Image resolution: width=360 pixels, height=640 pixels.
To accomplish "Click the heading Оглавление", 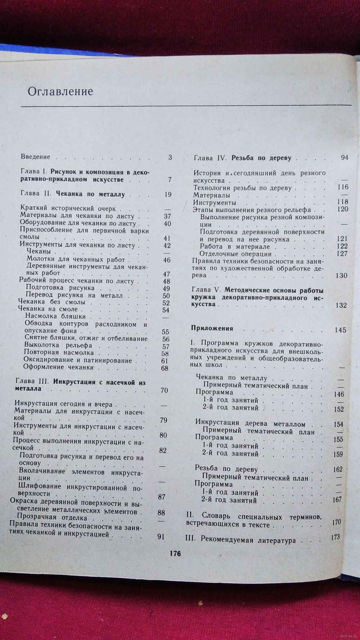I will (x=60, y=91).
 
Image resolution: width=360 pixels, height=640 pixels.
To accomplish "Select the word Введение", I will (x=35, y=157).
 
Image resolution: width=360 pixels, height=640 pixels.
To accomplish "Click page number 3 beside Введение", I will (x=170, y=157).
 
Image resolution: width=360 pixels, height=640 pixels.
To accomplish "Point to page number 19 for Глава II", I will (x=167, y=195).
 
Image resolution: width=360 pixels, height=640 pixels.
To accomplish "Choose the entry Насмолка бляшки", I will (x=55, y=316).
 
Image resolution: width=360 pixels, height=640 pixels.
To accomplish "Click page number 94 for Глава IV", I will (x=344, y=158).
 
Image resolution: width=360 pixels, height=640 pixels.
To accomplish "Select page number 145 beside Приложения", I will (x=340, y=330).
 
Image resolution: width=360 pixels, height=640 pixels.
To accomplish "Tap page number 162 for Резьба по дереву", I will (x=338, y=469).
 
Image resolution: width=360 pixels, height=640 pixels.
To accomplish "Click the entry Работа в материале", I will (x=235, y=247).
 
